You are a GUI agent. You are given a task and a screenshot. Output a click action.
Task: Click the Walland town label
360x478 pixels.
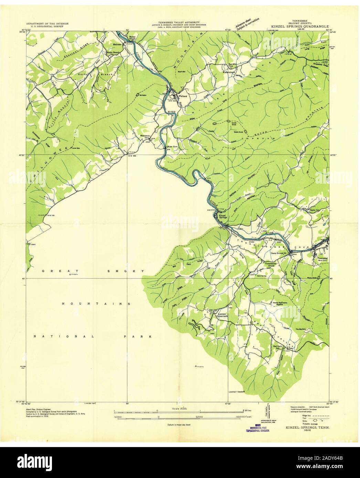click(x=183, y=96)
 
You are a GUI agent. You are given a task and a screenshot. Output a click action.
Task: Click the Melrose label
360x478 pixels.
click(x=118, y=45)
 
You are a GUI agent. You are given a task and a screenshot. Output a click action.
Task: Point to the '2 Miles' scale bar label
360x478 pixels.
click(x=248, y=411)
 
